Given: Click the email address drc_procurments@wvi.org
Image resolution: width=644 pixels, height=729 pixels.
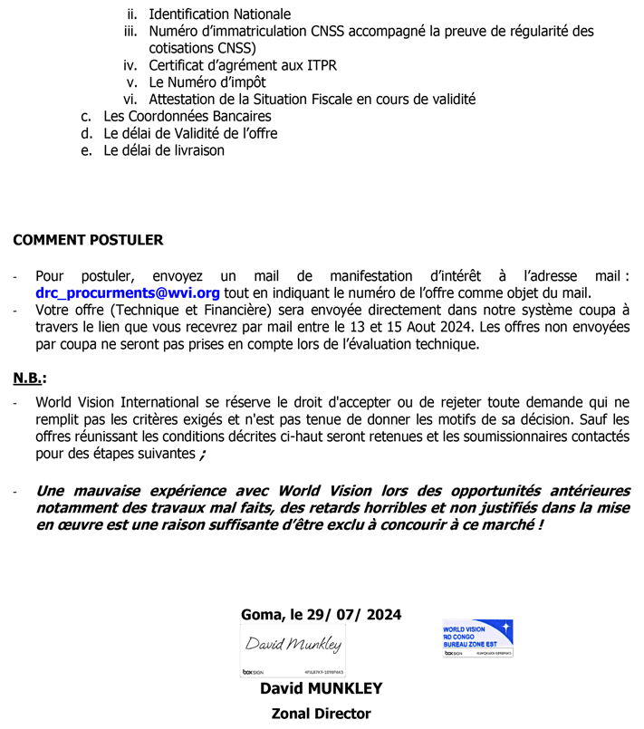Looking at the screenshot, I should tap(128, 293).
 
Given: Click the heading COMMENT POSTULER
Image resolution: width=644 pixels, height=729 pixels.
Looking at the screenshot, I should tap(88, 240).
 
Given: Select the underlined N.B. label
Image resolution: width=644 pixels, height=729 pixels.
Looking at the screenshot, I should tap(29, 378).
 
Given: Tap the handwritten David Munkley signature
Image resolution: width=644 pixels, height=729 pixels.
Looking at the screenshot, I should tap(292, 645).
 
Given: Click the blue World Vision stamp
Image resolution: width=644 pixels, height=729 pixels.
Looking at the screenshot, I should tap(477, 638).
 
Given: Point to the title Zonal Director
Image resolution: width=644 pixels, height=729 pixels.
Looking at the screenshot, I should tap(321, 714).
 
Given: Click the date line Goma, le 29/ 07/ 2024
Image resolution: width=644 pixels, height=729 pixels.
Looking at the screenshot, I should tap(322, 614).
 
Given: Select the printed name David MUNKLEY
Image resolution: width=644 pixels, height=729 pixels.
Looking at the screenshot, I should tap(321, 689).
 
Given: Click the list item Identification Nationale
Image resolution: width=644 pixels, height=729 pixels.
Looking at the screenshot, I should tap(220, 14).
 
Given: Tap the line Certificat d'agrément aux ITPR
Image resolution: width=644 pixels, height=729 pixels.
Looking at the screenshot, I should tap(243, 65).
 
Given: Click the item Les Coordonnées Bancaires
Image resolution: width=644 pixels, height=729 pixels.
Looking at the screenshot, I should tap(187, 116).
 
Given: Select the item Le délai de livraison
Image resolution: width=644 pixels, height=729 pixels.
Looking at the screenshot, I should tap(164, 150).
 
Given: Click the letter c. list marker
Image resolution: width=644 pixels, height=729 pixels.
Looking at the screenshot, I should tap(86, 116).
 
